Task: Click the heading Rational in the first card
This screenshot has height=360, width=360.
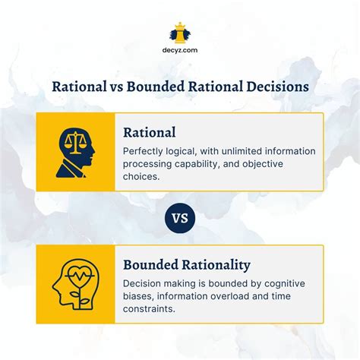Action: pyautogui.click(x=150, y=132)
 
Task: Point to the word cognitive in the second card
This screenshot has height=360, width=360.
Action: pyautogui.click(x=292, y=283)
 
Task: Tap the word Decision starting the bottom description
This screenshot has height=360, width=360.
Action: pyautogui.click(x=145, y=283)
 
